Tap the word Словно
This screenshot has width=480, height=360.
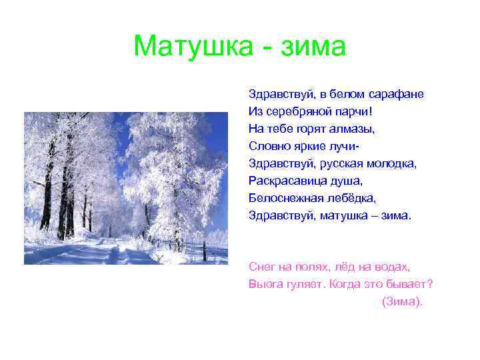268,145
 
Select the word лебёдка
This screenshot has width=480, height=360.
351,197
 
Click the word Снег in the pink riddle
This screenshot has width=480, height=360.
261,267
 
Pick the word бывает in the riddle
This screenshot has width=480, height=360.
411,284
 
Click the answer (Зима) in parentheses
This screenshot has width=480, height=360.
401,301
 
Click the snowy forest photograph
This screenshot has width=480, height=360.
125,189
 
